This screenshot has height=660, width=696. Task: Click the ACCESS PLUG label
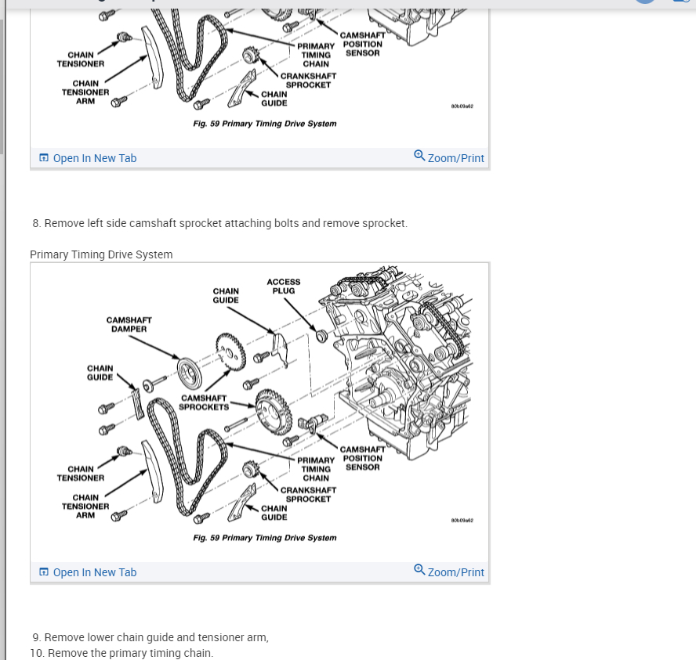point(283,287)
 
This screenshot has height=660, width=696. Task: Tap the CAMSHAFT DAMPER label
point(129,324)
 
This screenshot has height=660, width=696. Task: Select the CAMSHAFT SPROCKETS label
point(204,402)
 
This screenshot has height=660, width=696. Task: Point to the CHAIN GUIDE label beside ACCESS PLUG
point(226,295)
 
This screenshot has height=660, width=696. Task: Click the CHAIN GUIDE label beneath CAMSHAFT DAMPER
point(100,373)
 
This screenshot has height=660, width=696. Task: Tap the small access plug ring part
point(320,336)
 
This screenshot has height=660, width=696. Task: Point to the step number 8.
point(36,223)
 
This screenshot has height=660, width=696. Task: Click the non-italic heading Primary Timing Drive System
point(101,254)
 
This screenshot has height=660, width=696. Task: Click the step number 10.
point(36,653)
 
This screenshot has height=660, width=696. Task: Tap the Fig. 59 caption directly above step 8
point(264,124)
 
